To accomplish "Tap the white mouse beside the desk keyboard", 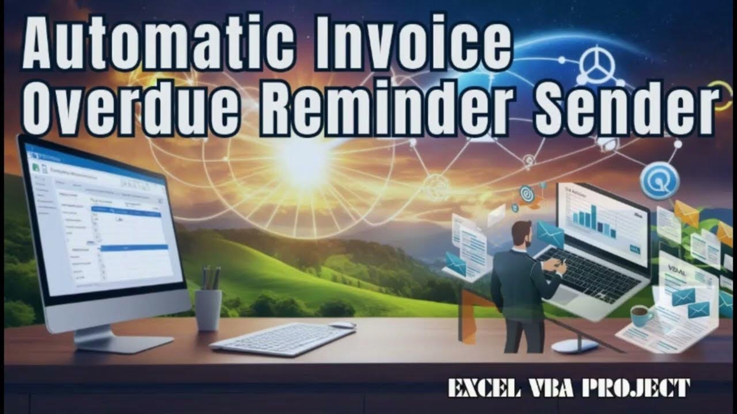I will (x=342, y=325).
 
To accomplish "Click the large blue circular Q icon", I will (x=659, y=181).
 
